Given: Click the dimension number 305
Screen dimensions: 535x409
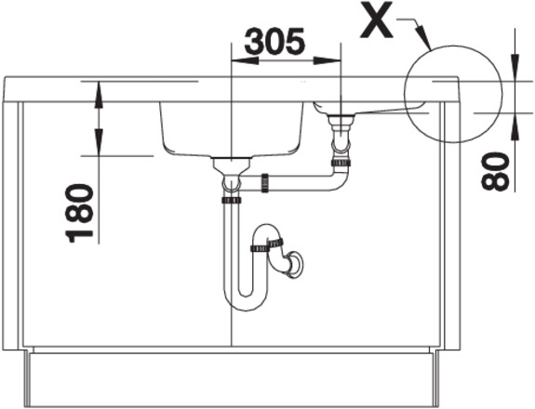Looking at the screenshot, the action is click(274, 41).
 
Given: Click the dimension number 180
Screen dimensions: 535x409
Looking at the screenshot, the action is click(79, 213).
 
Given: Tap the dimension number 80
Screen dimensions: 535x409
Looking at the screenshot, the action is click(495, 171).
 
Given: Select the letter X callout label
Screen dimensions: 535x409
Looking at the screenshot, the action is click(377, 20).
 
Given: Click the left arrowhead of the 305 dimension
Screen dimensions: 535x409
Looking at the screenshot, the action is click(245, 61).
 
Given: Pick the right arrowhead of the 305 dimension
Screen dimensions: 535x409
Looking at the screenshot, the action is click(327, 61).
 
